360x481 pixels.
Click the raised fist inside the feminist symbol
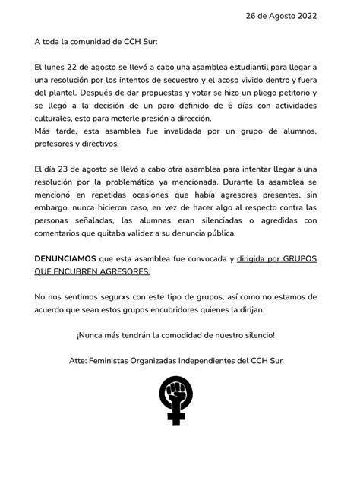179,396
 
